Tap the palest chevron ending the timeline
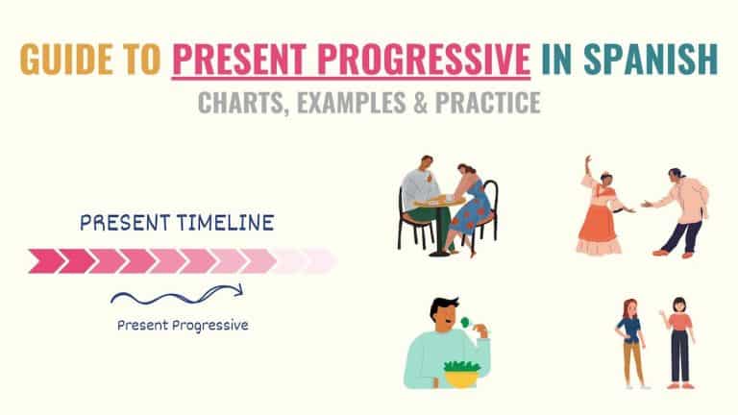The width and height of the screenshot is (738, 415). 321,260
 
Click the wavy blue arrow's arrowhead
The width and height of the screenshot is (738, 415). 237,289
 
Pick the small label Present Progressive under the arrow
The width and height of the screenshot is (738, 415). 183,325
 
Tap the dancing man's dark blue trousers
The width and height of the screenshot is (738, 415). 679,233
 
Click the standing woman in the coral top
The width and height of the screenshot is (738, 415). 679,341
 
